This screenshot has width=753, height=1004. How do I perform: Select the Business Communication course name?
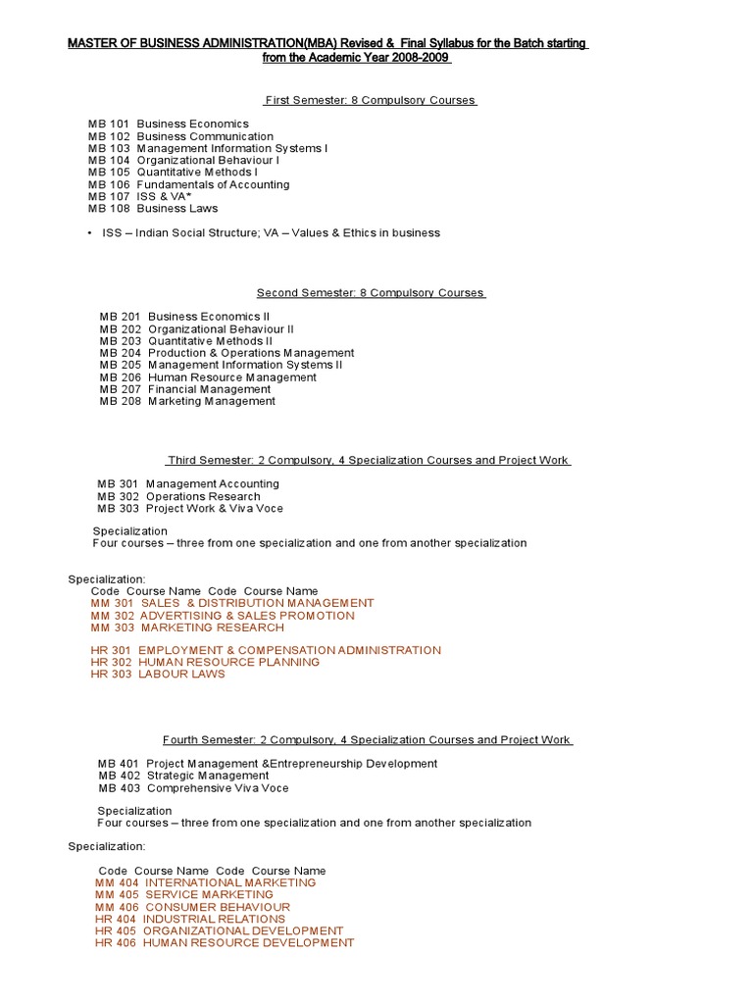pyautogui.click(x=205, y=136)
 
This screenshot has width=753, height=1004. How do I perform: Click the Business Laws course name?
pyautogui.click(x=177, y=208)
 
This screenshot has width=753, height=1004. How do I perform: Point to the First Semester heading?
pyautogui.click(x=371, y=100)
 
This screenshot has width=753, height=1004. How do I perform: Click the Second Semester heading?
pyautogui.click(x=371, y=293)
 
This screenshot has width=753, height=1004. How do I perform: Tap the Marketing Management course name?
pyautogui.click(x=212, y=401)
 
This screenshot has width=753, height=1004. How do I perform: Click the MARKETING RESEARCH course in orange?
pyautogui.click(x=212, y=627)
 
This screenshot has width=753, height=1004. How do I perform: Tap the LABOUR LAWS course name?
pyautogui.click(x=181, y=674)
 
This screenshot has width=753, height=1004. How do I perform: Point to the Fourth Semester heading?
pyautogui.click(x=367, y=740)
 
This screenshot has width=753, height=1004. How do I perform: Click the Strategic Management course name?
pyautogui.click(x=207, y=776)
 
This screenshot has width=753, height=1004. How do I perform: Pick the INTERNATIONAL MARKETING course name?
pyautogui.click(x=229, y=882)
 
